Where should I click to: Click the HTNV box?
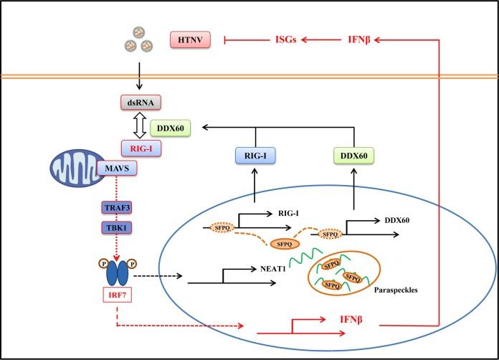point(190,39)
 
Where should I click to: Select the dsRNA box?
point(141,103)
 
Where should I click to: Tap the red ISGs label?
point(285,39)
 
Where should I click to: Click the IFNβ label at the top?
point(359,39)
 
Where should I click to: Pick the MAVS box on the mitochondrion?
point(117,168)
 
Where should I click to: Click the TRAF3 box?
point(117,208)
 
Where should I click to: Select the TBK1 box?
point(116,227)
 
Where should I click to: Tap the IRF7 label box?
point(117,295)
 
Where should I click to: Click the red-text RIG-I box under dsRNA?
point(141,148)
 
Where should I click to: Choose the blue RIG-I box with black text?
point(255,156)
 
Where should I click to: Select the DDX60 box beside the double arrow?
point(170,128)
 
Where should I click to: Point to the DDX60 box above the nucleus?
point(353,156)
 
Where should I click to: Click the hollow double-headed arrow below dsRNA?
point(139,125)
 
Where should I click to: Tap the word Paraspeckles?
point(396,290)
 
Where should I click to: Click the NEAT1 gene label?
point(272,269)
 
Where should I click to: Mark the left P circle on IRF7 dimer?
point(104,264)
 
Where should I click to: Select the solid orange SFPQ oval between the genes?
point(285,244)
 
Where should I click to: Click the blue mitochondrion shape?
point(77,168)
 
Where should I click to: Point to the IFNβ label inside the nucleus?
point(351,319)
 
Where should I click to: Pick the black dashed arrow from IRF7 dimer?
point(158,275)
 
